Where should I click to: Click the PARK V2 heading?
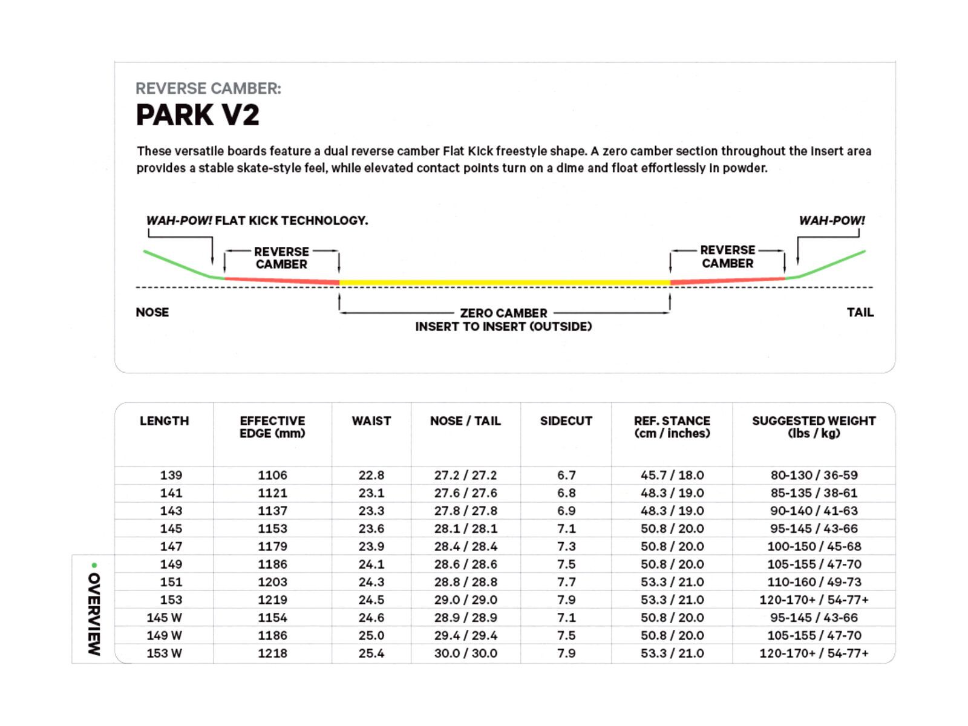coord(198,115)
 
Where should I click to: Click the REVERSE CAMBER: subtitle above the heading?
coord(208,88)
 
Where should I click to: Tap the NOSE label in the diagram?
coord(152,312)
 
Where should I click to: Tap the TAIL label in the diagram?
coord(860,312)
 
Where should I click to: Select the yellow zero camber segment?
coord(505,283)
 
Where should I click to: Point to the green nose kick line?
coord(177,264)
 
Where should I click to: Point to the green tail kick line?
coord(832,264)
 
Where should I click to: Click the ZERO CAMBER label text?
coord(503,313)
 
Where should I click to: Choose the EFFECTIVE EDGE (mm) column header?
coord(272,427)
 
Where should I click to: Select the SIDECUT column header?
coord(566,421)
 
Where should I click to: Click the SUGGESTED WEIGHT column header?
coord(814,427)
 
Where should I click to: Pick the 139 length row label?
coord(171,476)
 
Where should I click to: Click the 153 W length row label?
coord(164,653)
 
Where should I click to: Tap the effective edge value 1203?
coord(272,582)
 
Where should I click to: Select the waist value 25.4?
coord(371,653)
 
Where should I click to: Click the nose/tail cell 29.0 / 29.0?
coord(465,600)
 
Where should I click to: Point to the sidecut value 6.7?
coord(566,476)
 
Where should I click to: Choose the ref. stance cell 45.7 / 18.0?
coord(672,476)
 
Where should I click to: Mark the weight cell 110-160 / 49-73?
coord(814,582)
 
